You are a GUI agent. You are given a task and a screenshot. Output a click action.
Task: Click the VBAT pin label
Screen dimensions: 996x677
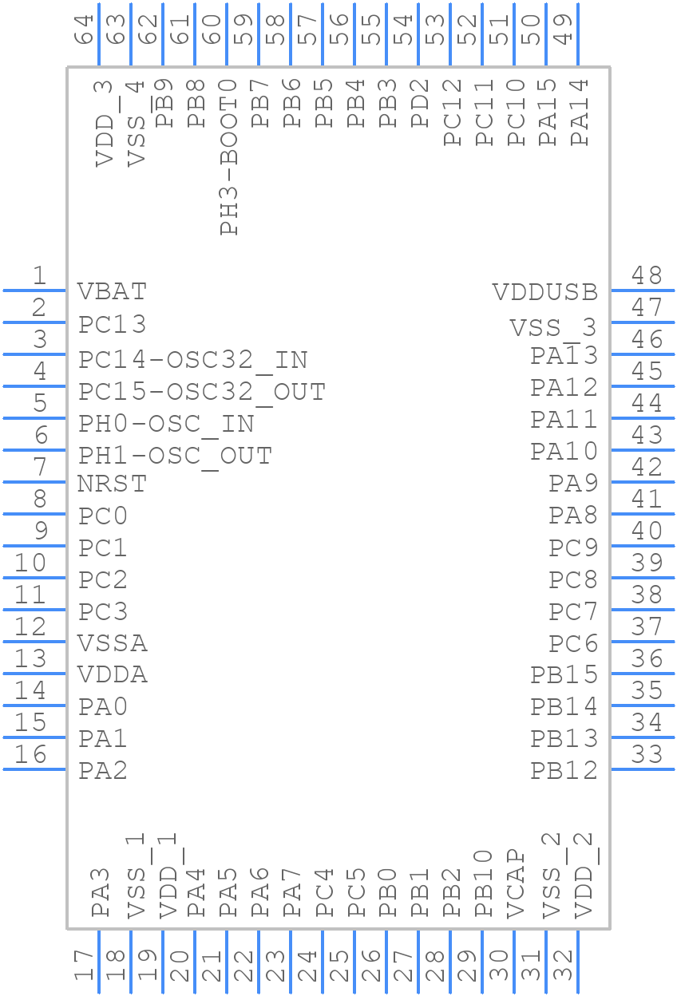112,291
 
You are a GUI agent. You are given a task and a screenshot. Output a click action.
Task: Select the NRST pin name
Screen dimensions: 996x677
112,484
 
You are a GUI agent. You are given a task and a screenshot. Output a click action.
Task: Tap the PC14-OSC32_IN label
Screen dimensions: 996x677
192,360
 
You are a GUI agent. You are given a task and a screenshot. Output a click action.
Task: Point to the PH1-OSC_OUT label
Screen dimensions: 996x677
175,456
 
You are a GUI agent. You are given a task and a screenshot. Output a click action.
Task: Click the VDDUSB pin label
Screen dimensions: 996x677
544,292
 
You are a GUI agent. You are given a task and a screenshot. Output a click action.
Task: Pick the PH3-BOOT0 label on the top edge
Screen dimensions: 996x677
228,157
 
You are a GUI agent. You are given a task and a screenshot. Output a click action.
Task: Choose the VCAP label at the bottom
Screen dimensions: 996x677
516,883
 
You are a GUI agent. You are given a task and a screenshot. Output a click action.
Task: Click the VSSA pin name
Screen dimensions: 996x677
113,643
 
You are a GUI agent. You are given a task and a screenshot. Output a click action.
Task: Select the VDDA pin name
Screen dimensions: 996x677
113,675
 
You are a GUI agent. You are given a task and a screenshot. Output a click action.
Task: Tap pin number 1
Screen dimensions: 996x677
38,276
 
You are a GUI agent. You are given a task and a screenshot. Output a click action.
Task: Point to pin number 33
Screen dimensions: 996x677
646,754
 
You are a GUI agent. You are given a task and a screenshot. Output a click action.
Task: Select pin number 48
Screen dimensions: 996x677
646,276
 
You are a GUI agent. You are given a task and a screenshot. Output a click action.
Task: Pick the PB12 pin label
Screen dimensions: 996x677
564,771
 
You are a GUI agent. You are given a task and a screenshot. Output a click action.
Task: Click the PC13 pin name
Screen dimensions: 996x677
113,325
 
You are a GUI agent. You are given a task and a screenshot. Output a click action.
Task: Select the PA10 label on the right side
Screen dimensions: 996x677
564,452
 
